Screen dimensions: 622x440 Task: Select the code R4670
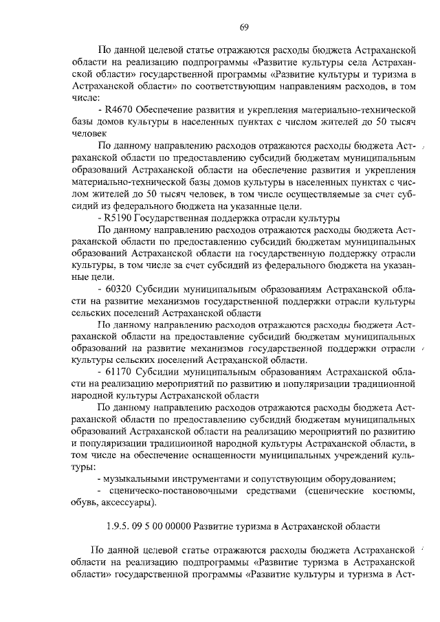[119, 109]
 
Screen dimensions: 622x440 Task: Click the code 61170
[119, 372]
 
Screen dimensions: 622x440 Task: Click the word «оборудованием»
[357, 479]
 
